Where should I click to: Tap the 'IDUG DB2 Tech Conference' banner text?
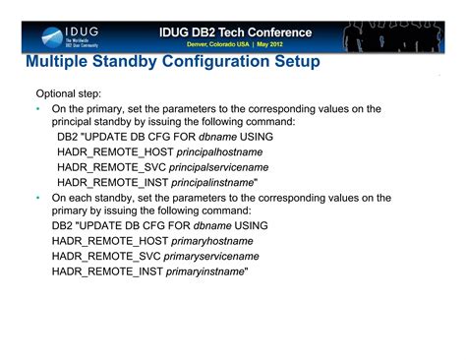click(236, 30)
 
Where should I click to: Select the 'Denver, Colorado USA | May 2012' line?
click(235, 45)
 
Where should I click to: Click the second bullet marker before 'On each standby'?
click(36, 197)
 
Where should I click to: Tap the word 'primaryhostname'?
click(215, 241)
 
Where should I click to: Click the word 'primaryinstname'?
click(206, 270)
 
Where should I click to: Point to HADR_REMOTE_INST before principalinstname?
click(115, 182)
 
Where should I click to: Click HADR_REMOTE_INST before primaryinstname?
click(108, 270)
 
